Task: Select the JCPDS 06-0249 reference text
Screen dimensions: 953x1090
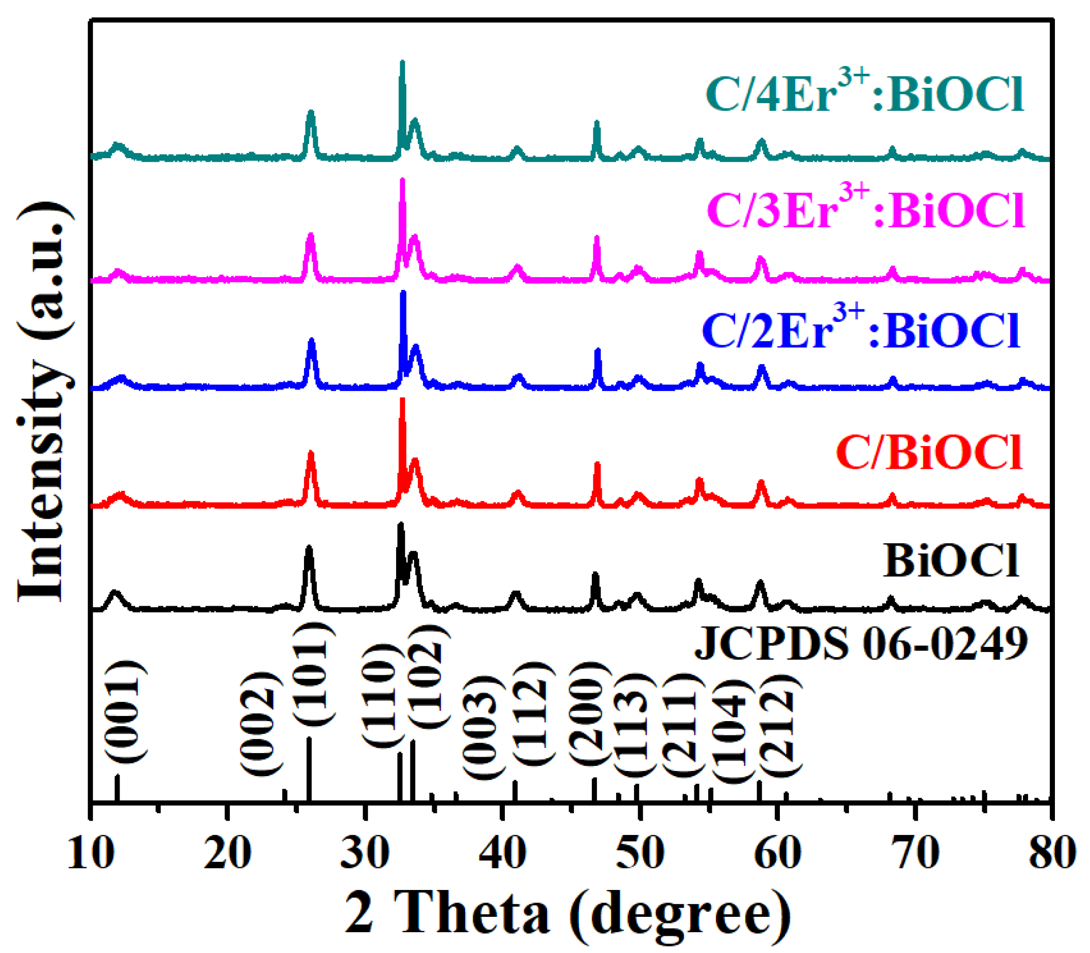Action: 861,643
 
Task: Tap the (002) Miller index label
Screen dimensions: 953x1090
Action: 260,723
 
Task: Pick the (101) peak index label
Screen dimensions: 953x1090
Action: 314,673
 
